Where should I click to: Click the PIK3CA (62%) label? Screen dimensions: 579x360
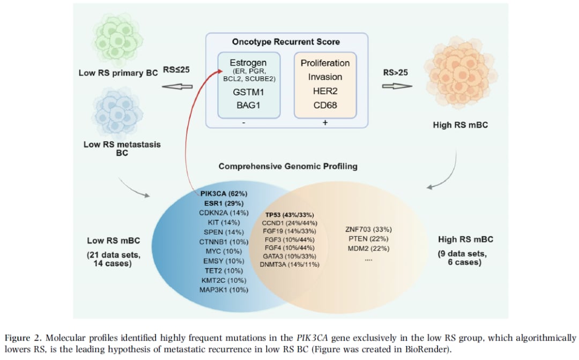point(224,193)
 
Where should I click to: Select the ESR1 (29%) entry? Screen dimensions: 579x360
point(224,203)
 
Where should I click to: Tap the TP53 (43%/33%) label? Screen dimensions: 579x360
point(289,215)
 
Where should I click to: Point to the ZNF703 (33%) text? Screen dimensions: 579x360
point(368,229)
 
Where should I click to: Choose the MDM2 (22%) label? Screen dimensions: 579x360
point(368,248)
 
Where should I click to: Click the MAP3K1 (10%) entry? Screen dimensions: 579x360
point(224,290)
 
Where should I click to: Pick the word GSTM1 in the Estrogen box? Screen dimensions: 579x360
point(249,92)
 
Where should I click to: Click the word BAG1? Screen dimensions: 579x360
point(249,105)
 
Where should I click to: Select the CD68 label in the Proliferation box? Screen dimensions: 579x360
point(325,105)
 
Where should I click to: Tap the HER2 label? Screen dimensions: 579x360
point(325,91)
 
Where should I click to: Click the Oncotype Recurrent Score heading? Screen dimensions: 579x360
point(286,42)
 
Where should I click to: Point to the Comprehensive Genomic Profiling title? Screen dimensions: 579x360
point(288,166)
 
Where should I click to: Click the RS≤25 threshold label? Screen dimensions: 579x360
point(176,70)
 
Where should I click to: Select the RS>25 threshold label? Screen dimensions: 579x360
point(396,72)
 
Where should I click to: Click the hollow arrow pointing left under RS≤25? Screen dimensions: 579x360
point(177,86)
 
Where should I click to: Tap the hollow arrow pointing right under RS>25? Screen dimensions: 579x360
point(397,86)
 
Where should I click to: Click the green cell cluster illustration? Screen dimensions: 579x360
point(118,37)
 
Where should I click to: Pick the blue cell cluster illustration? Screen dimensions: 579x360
point(117,113)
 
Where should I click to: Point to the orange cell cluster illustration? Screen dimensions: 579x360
point(460,73)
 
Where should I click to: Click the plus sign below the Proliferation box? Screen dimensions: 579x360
point(325,122)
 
